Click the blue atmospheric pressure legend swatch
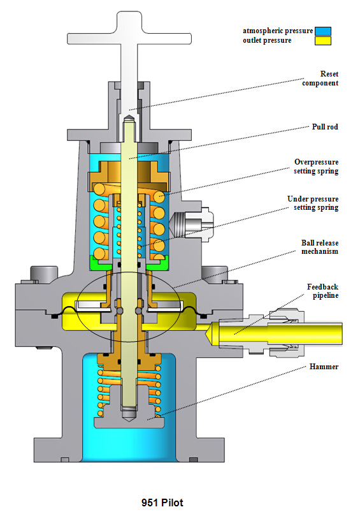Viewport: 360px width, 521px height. pos(323,31)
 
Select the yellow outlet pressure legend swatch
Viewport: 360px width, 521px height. pos(323,41)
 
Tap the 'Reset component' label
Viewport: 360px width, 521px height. pos(320,78)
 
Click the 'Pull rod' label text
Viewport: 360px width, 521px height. pos(325,127)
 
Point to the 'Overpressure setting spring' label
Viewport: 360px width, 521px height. pos(316,166)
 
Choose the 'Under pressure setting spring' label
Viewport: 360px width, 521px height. pos(313,203)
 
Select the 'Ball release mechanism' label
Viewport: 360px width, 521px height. pos(319,247)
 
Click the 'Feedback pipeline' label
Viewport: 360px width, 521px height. pos(322,291)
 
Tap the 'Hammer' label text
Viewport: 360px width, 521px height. pos(324,367)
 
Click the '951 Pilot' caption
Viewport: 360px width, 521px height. pos(162,503)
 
